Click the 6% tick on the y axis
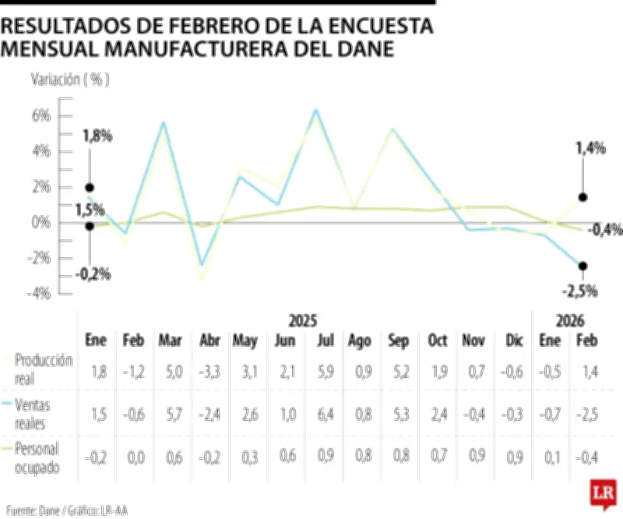tap(40, 115)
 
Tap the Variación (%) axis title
tap(69, 79)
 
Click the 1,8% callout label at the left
tap(97, 136)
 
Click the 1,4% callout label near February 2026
tap(590, 148)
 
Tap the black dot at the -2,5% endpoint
tap(583, 266)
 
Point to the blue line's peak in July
tap(315, 110)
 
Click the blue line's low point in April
tap(202, 265)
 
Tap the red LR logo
tap(602, 493)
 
